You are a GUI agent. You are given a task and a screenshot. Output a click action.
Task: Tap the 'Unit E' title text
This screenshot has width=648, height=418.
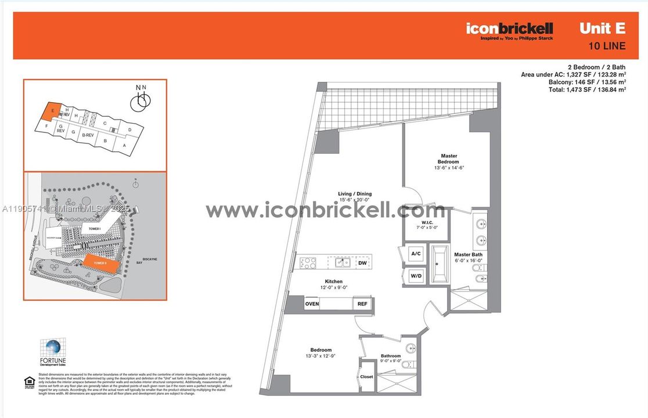pyautogui.click(x=603, y=28)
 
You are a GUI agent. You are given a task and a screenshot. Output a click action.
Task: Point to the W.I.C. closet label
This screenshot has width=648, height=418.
pyautogui.click(x=426, y=225)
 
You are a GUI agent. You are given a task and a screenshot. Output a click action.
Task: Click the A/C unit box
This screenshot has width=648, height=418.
pyautogui.click(x=416, y=254)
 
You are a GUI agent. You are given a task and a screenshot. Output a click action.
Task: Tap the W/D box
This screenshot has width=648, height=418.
pyautogui.click(x=416, y=276)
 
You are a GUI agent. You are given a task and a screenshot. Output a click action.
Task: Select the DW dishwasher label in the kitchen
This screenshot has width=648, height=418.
pyautogui.click(x=362, y=263)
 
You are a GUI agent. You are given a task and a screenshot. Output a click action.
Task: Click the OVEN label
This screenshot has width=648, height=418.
pyautogui.click(x=312, y=304)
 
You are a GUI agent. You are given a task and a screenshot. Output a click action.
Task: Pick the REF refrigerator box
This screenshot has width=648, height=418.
pyautogui.click(x=362, y=304)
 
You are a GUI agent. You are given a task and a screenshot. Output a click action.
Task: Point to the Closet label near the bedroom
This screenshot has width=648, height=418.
pyautogui.click(x=366, y=377)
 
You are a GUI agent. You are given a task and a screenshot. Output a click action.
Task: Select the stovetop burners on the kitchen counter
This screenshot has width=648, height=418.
pyautogui.click(x=308, y=262)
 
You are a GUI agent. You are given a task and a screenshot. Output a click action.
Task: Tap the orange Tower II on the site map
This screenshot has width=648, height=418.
pyautogui.click(x=102, y=264)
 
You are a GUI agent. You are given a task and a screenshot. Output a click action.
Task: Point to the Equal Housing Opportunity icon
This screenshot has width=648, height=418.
pyautogui.click(x=29, y=382)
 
